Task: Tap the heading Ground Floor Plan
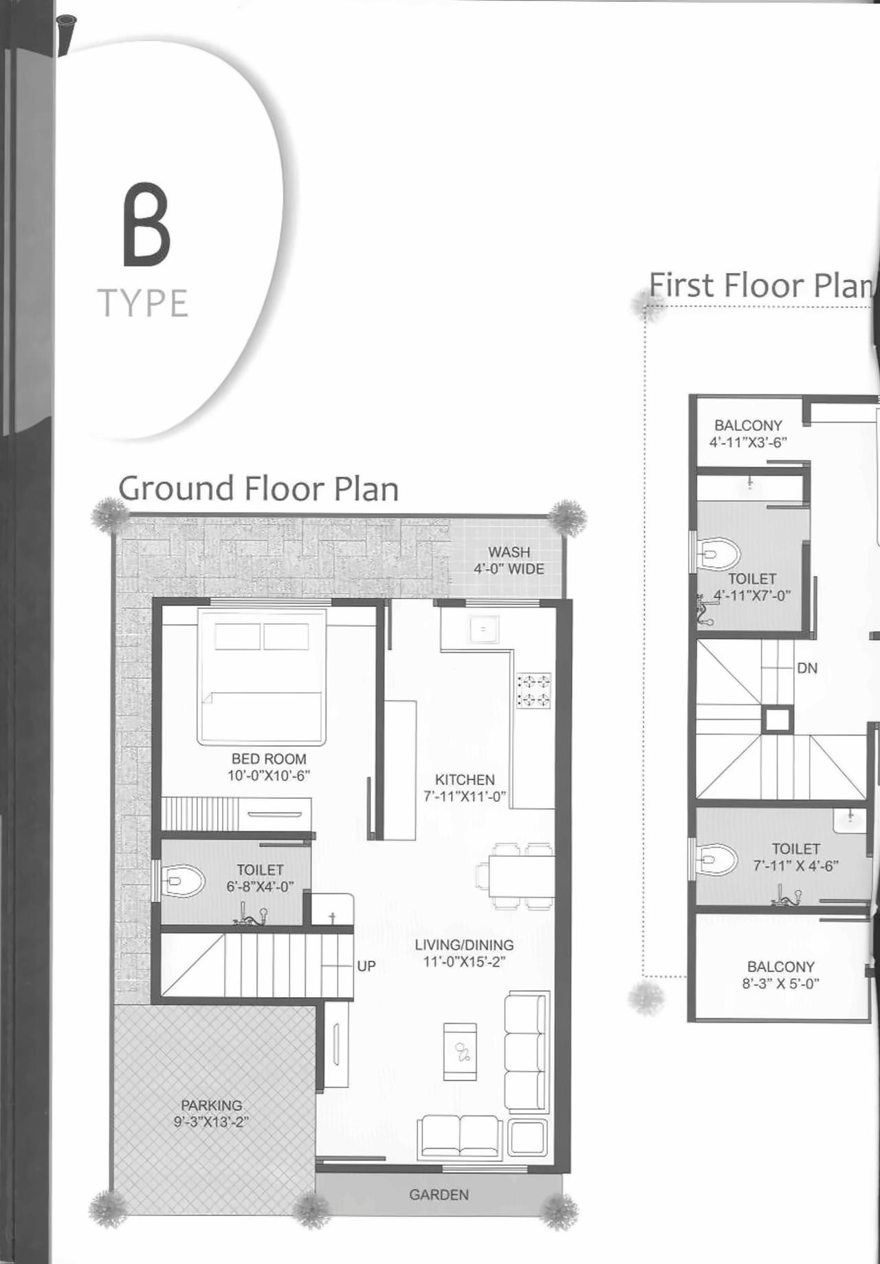pos(258,489)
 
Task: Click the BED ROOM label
pos(269,759)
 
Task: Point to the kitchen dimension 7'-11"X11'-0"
pos(465,797)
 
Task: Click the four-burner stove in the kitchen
pos(534,691)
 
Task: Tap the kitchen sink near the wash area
pos(484,629)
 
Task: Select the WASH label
pos(509,552)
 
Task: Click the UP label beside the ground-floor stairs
pos(366,966)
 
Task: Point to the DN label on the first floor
pos(807,668)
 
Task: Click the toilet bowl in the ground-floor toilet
pos(183,881)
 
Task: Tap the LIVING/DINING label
pos(464,945)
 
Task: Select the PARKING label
pos(211,1105)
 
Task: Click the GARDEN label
pos(439,1195)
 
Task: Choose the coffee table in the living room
pos(461,1051)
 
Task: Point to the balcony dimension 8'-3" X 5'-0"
pos(780,984)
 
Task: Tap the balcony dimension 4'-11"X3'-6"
pos(748,442)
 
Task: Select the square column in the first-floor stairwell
pos(777,720)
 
